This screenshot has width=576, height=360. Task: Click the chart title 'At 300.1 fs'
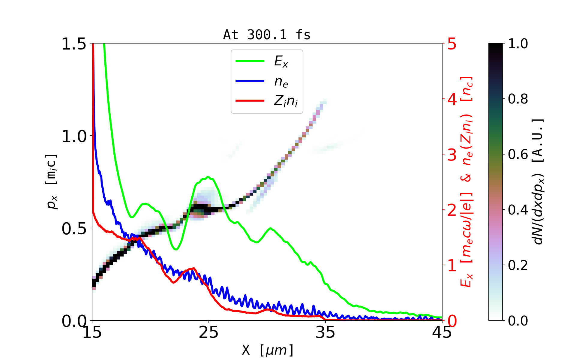click(x=267, y=35)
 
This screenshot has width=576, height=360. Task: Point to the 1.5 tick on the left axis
click(x=74, y=44)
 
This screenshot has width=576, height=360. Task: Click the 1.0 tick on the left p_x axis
click(x=74, y=136)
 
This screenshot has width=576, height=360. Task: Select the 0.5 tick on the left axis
click(x=74, y=229)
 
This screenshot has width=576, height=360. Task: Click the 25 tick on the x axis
click(x=209, y=332)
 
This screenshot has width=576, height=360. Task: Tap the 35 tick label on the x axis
click(x=325, y=332)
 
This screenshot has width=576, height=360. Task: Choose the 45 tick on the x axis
click(x=442, y=332)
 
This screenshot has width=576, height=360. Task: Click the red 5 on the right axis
click(x=452, y=44)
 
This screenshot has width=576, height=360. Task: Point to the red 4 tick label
click(x=452, y=99)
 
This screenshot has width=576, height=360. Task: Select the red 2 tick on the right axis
click(x=452, y=210)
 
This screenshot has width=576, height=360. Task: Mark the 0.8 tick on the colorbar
click(x=518, y=99)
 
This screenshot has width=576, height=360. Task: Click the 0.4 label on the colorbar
click(x=518, y=210)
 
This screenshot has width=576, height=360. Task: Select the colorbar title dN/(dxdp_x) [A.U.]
click(x=538, y=181)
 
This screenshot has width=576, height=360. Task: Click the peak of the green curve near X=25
click(x=208, y=177)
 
